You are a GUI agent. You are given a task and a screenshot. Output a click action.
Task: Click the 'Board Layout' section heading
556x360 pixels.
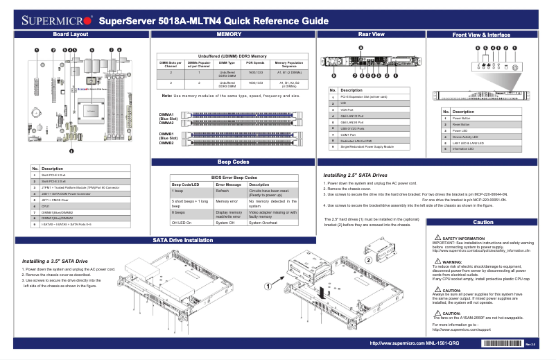point(71,34)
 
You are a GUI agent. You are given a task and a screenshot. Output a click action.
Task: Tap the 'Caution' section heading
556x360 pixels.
point(483,222)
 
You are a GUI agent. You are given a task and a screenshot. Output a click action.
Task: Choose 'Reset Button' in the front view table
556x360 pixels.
point(462,124)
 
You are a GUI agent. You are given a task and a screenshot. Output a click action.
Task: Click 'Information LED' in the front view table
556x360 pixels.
point(464,149)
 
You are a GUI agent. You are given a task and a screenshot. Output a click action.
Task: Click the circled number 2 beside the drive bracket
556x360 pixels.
point(368,259)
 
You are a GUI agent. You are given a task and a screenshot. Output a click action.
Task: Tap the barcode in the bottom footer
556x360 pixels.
point(493,343)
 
